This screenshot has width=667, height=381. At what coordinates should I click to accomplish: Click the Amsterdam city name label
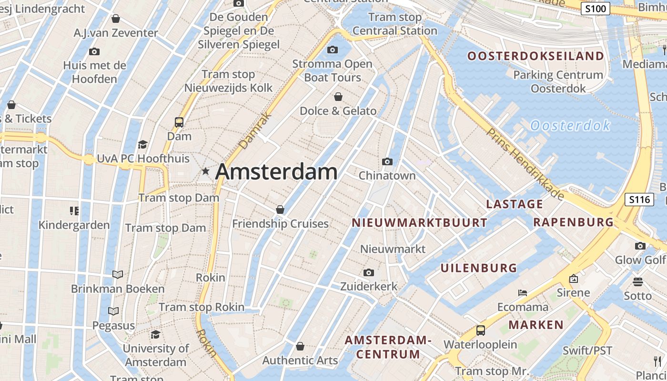pyautogui.click(x=276, y=172)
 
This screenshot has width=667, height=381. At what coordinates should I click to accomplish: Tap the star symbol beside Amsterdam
pyautogui.click(x=205, y=171)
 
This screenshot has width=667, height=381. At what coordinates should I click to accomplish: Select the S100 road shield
pyautogui.click(x=595, y=9)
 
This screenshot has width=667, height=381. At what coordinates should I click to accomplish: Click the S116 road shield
pyautogui.click(x=639, y=200)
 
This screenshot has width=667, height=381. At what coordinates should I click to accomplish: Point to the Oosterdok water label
pyautogui.click(x=570, y=126)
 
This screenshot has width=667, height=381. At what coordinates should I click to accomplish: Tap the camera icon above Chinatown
pyautogui.click(x=387, y=162)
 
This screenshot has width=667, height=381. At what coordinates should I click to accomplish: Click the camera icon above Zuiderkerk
pyautogui.click(x=368, y=273)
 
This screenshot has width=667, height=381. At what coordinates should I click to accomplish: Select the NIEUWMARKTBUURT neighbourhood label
pyautogui.click(x=419, y=223)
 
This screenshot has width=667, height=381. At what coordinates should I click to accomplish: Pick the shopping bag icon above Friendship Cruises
pyautogui.click(x=280, y=210)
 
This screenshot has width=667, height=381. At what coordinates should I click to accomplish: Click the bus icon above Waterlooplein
pyautogui.click(x=480, y=331)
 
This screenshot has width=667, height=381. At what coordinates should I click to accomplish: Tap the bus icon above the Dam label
pyautogui.click(x=179, y=122)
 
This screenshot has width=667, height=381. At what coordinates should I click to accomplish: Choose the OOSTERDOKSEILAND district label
pyautogui.click(x=536, y=56)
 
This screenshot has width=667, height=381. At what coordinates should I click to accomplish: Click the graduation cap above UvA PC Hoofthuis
pyautogui.click(x=142, y=144)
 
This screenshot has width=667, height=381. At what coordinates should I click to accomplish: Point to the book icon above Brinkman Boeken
pyautogui.click(x=118, y=274)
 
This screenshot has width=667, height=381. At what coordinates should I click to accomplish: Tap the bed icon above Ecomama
pyautogui.click(x=523, y=293)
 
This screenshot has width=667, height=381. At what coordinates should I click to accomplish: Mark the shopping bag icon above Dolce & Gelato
pyautogui.click(x=338, y=97)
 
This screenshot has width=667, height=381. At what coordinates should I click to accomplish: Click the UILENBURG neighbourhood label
pyautogui.click(x=478, y=268)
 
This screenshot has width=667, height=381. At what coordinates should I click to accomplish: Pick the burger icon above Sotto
pyautogui.click(x=637, y=282)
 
